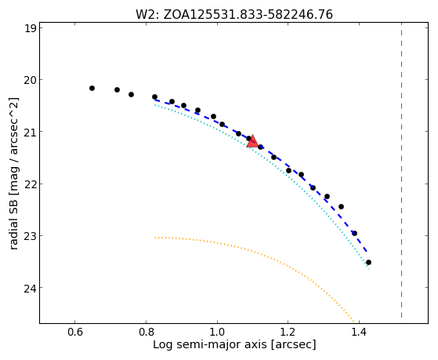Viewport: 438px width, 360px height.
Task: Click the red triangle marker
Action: (x=253, y=142)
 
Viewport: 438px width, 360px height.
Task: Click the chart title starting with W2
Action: (x=234, y=15)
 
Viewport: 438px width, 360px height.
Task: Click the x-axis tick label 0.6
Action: (x=75, y=333)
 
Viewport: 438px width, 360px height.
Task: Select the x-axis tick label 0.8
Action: (x=146, y=333)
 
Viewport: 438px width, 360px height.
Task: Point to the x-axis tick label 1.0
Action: (x=217, y=333)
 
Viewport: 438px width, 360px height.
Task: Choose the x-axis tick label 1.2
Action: (x=288, y=333)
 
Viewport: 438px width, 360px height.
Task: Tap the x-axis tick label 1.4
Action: (x=359, y=333)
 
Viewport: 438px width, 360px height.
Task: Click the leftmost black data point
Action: (x=92, y=88)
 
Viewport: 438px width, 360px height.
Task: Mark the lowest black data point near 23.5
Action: (x=368, y=263)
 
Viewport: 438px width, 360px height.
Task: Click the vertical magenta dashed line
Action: (x=401, y=170)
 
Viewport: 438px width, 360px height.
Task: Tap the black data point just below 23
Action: (x=354, y=233)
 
